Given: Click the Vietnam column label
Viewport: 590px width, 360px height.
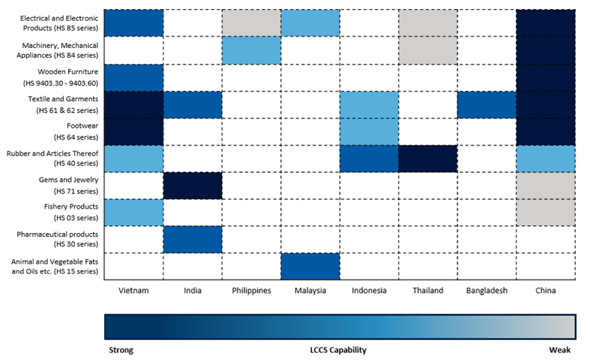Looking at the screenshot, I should [133, 291].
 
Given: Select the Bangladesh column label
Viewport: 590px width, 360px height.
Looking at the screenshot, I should [487, 291].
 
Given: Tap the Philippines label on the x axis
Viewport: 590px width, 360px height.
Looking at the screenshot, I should [251, 291].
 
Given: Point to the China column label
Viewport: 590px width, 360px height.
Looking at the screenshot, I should [546, 291].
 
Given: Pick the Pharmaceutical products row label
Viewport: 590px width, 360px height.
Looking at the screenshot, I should [58, 239].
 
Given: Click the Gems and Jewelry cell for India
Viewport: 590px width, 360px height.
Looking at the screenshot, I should [192, 185].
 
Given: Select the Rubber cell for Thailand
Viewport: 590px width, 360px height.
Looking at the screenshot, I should [428, 158].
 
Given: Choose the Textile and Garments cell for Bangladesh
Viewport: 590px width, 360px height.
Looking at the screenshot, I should [487, 104].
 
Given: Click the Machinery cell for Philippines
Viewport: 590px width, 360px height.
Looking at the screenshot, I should [251, 50].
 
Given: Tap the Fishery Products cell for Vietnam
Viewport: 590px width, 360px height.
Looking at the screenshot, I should [133, 212].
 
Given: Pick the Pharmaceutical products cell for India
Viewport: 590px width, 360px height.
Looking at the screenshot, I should [192, 239].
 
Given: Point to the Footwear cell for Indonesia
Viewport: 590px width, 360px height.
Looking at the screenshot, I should [369, 131].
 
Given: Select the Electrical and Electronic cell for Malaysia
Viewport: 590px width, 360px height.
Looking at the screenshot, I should [310, 23].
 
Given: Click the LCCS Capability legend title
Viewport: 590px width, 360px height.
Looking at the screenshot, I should [338, 350].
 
